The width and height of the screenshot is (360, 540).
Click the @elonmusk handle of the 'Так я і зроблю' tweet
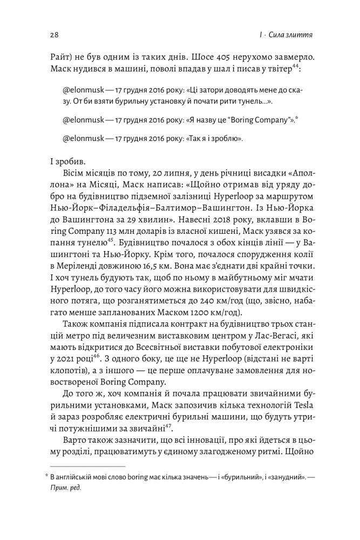tap(82, 138)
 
